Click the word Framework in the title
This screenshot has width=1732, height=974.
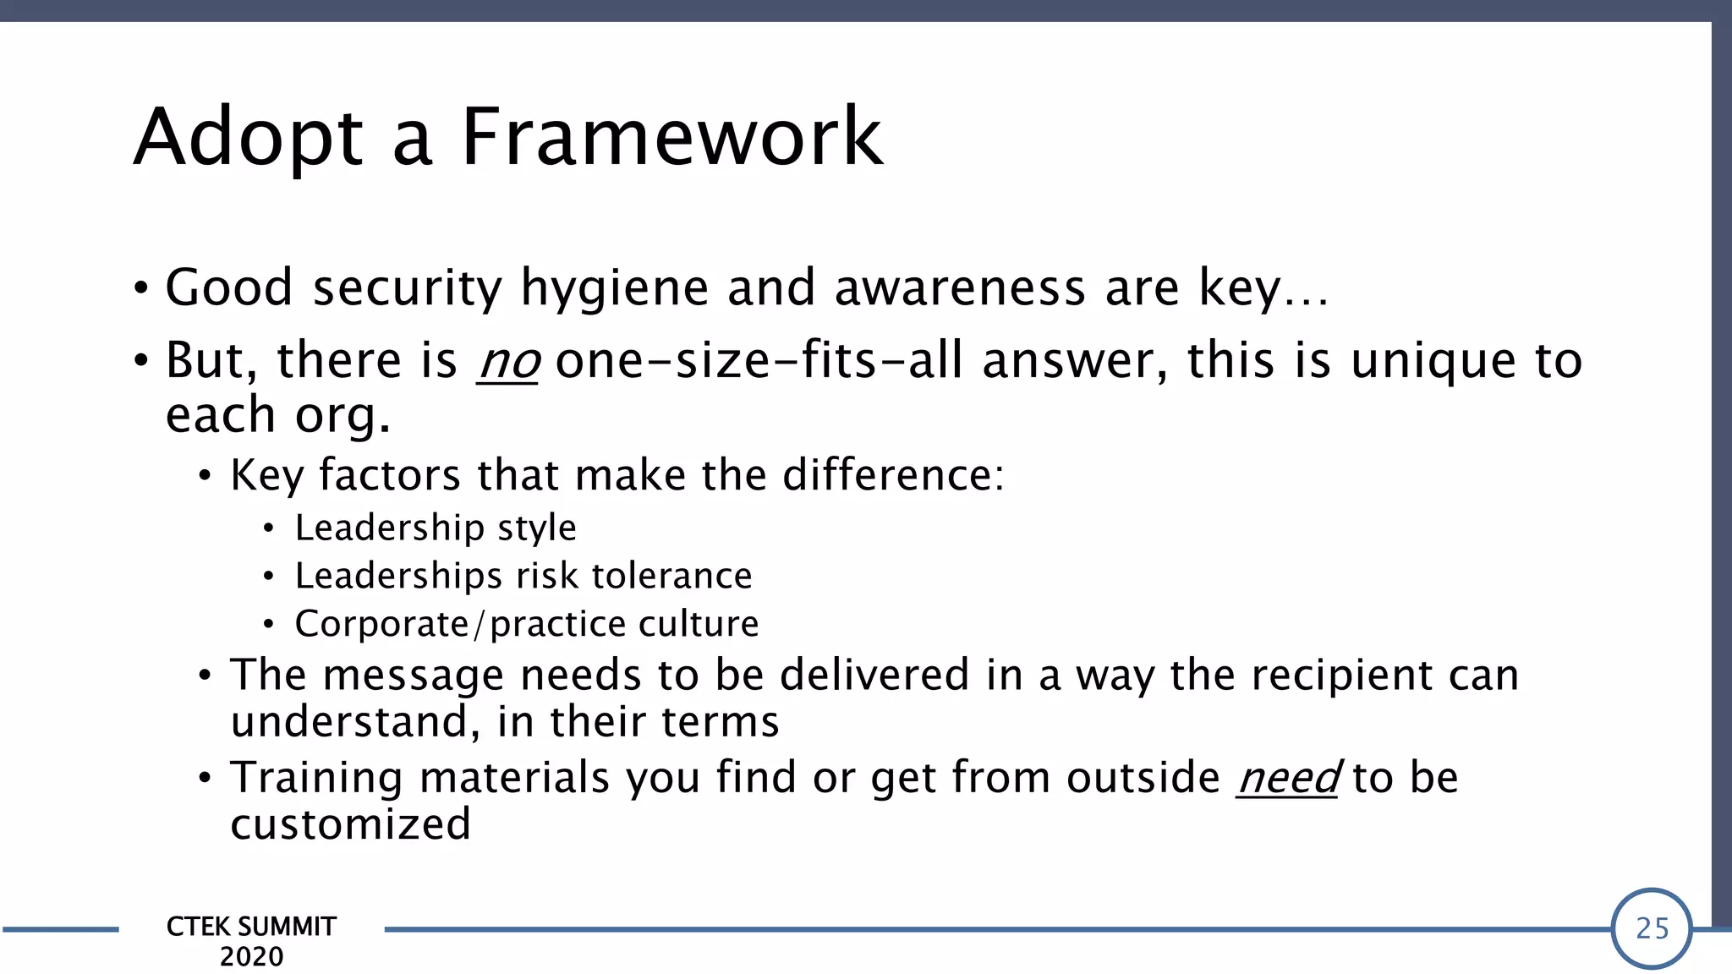pyautogui.click(x=672, y=137)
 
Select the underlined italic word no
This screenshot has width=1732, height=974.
pyautogui.click(x=507, y=362)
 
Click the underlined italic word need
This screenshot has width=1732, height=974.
pyautogui.click(x=1287, y=778)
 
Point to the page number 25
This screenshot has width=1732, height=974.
pyautogui.click(x=1652, y=928)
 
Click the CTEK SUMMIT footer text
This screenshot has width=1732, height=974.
pyautogui.click(x=251, y=927)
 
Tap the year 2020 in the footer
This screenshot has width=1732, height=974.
pyautogui.click(x=251, y=957)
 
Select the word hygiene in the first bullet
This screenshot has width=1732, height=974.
pyautogui.click(x=614, y=289)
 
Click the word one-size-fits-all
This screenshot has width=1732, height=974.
pyautogui.click(x=759, y=361)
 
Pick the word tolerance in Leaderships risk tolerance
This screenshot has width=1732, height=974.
pyautogui.click(x=671, y=577)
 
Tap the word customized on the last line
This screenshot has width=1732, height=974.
pyautogui.click(x=350, y=824)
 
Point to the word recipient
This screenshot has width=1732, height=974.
pyautogui.click(x=1342, y=676)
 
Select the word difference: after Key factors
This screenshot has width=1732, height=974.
pyautogui.click(x=893, y=475)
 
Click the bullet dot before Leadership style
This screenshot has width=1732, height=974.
pyautogui.click(x=268, y=529)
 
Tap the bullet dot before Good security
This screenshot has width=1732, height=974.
pyautogui.click(x=141, y=289)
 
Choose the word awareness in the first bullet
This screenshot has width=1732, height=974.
pyautogui.click(x=960, y=289)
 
